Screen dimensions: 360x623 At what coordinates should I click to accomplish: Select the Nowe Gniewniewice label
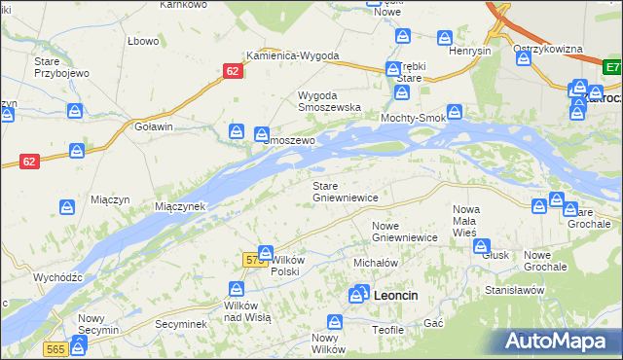404,231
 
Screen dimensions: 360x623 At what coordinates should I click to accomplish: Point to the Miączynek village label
179,207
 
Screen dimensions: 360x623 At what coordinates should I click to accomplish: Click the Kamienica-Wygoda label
292,55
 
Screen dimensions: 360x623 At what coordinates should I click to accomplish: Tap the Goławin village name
154,127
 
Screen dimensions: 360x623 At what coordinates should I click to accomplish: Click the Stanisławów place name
513,290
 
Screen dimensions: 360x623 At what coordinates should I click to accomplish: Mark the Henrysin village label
469,51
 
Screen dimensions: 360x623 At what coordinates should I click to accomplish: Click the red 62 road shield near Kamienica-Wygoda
233,72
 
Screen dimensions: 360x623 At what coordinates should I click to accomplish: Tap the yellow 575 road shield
255,260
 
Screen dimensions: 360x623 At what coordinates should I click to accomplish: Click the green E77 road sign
612,68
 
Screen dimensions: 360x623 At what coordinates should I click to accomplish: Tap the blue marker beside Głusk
481,245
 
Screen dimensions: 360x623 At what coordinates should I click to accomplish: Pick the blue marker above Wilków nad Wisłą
236,289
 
